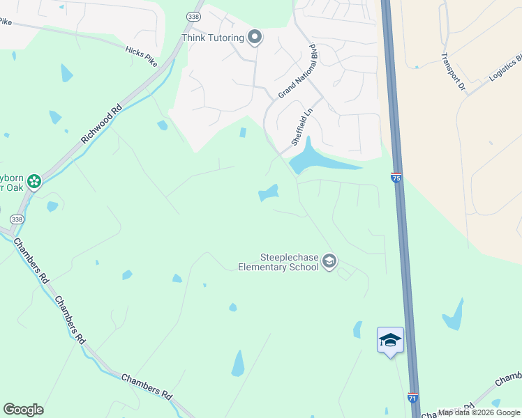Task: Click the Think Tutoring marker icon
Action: tap(255, 38)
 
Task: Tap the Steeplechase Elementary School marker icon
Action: tap(329, 262)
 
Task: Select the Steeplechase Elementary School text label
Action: tap(278, 263)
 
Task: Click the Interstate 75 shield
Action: tap(396, 178)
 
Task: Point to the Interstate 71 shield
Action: tap(412, 398)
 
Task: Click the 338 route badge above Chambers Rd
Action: tap(17, 219)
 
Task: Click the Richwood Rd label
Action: tap(101, 124)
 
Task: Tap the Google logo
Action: tap(23, 410)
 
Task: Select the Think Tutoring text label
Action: tap(212, 38)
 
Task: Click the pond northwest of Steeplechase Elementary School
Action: tap(268, 193)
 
